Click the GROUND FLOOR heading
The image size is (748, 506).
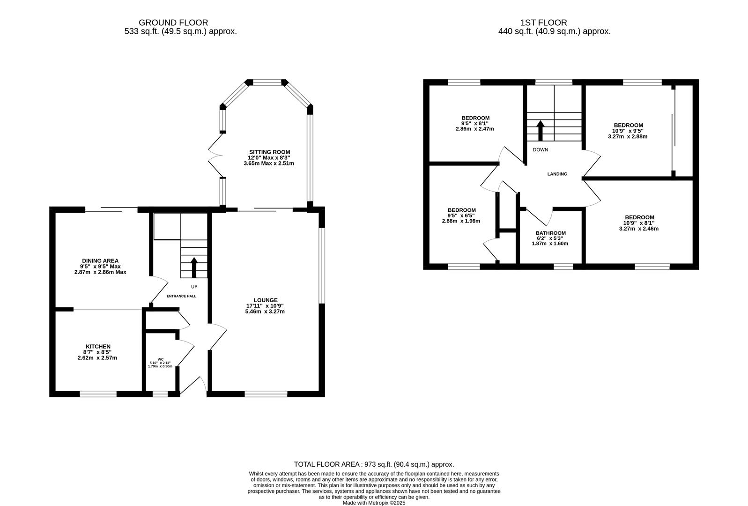pos(173,22)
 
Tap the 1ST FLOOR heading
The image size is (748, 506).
pos(543,22)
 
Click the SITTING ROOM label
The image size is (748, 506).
pos(269,152)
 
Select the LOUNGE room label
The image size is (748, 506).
pos(266,300)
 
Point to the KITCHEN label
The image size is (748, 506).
pos(98,346)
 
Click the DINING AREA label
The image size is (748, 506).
pos(100,260)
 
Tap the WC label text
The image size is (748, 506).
pos(161,359)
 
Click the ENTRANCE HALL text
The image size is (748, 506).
pos(182,296)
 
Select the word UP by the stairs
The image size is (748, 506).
pos(194,286)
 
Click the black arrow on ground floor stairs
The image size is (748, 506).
pos(194,268)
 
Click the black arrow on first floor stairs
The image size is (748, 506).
pos(540,131)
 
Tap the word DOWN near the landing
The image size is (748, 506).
pos(540,150)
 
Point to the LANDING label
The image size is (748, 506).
pos(557,174)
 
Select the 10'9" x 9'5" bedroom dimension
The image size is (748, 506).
pos(628,131)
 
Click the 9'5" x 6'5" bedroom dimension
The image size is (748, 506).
pos(461,216)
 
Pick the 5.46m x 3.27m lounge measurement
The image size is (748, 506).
pos(265,311)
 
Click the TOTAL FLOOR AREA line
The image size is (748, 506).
pos(374,464)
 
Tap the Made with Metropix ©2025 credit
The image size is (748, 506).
pos(374,503)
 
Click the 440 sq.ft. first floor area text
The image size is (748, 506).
pos(554,32)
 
